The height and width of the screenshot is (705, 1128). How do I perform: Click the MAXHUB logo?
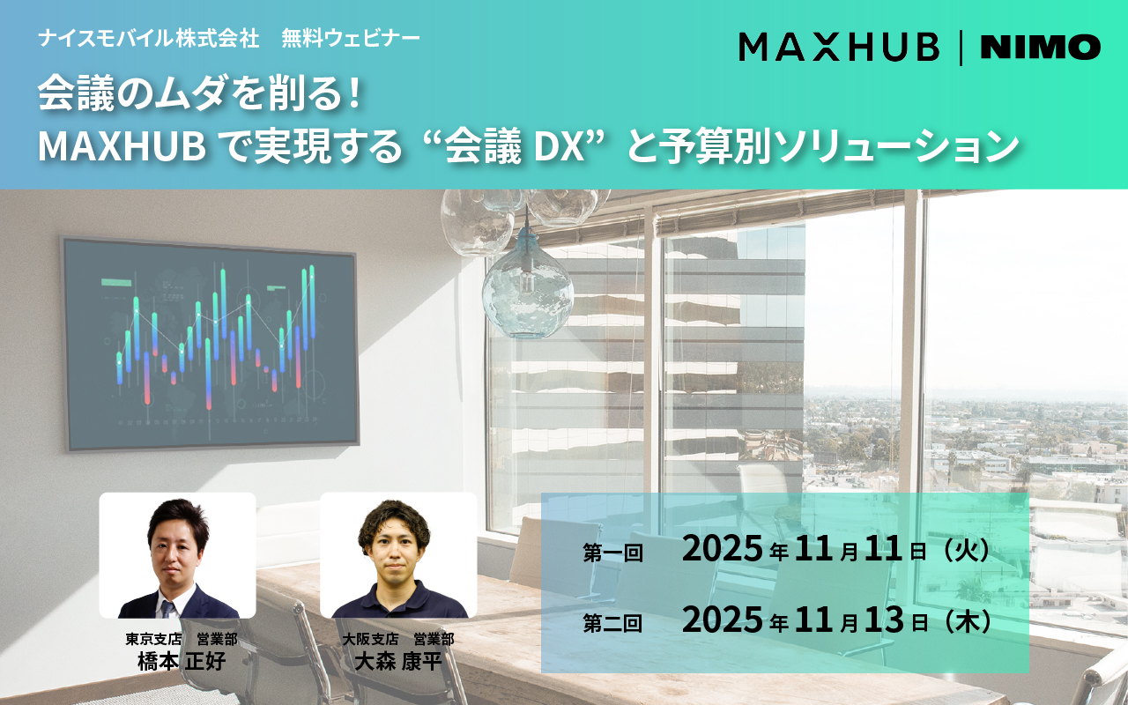coord(839,47)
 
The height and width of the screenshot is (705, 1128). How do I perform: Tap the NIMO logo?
coord(1041,47)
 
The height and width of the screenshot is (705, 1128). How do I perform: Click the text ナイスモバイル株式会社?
coord(149,38)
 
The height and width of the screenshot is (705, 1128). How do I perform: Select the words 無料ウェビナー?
coord(351,38)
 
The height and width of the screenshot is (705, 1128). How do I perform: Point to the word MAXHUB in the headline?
coord(122,146)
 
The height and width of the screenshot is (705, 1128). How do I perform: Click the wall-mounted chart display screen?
coord(211,344)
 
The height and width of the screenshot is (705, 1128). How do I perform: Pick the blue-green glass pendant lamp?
coord(527,291)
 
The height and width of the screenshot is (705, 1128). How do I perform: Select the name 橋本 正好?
coord(182,661)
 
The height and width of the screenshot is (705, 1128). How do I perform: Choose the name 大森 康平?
coord(397,661)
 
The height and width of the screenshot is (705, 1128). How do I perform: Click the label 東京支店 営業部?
coord(182,639)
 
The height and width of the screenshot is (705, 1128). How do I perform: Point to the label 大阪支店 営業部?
coord(397,639)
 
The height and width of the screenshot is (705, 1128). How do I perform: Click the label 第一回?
coord(612,553)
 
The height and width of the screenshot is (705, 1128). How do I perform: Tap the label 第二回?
coord(612,623)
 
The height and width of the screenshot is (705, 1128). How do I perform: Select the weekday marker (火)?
coord(965,551)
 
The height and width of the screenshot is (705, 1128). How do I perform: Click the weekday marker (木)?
coord(965,621)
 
